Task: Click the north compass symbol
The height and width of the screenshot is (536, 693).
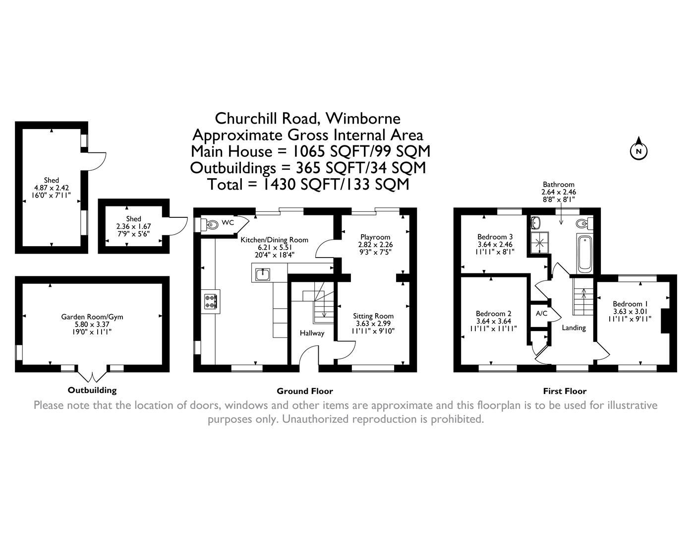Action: tap(638, 150)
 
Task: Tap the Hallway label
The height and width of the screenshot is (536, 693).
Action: tap(311, 333)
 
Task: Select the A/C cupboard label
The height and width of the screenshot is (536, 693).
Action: tap(541, 314)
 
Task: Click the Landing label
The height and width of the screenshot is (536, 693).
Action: tap(574, 328)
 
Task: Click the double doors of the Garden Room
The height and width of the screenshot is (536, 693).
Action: tap(93, 374)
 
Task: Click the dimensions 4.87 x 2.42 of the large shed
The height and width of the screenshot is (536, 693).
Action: tap(51, 188)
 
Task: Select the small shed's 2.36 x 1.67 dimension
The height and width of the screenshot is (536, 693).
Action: tap(133, 226)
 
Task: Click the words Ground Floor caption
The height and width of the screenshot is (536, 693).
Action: tap(304, 391)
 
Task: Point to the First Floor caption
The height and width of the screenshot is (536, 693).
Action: tap(564, 391)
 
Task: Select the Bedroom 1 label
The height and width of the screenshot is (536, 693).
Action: tap(630, 304)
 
